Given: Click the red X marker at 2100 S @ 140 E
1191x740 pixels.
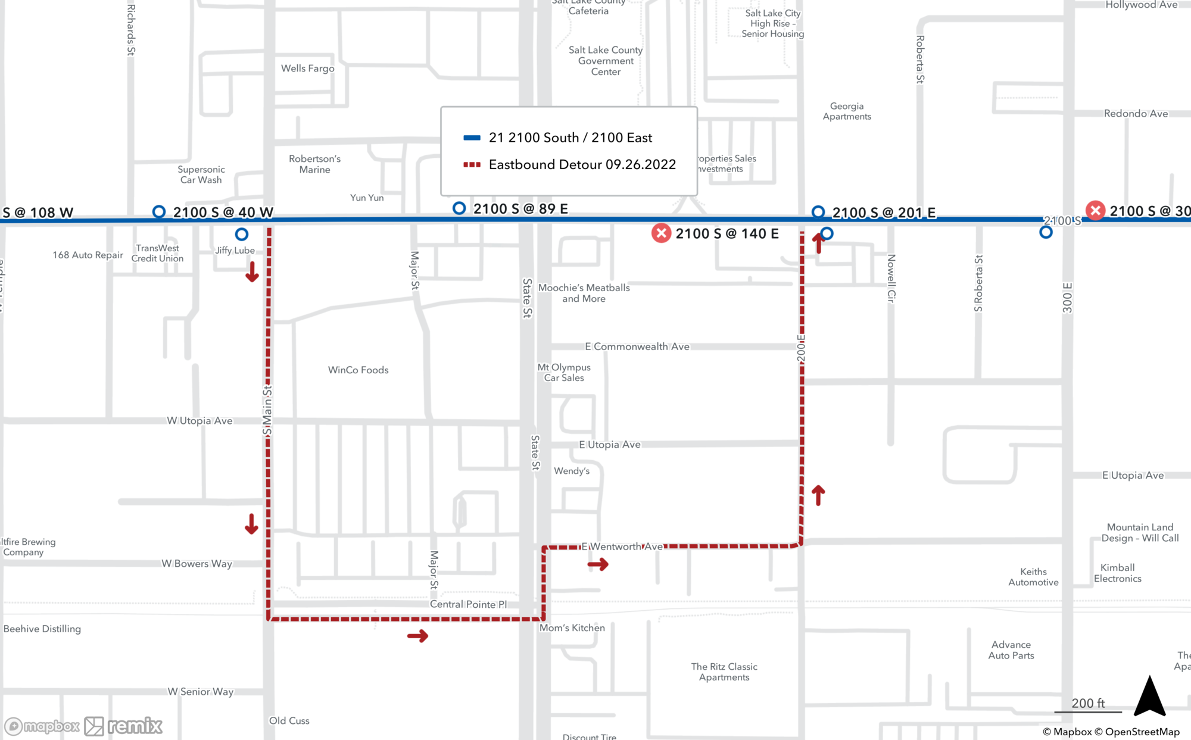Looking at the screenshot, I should click(661, 233).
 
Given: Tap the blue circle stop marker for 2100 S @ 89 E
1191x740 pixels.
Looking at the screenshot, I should click(459, 208).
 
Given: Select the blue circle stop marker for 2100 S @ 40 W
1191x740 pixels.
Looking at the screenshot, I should click(159, 212).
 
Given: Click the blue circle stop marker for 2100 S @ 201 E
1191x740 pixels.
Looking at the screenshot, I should click(818, 212).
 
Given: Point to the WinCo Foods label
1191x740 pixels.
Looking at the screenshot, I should click(358, 370).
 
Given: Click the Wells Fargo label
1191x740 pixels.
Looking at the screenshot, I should click(307, 68).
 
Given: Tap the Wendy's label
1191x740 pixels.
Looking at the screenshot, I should click(572, 471).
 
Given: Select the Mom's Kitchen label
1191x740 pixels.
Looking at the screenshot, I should click(572, 628).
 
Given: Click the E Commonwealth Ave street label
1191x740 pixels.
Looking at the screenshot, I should click(637, 346).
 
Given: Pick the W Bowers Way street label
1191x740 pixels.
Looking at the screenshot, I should click(197, 564).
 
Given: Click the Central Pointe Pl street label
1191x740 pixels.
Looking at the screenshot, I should click(468, 604).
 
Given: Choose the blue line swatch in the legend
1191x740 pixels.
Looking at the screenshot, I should click(472, 138).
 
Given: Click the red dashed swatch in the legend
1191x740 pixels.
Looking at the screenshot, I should click(472, 165).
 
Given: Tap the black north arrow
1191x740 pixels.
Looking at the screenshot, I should click(1149, 697).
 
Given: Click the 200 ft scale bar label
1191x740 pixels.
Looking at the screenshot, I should click(1088, 703).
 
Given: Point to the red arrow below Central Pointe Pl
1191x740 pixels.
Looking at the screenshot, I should click(417, 636).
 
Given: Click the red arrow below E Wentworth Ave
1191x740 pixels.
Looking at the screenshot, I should click(598, 564).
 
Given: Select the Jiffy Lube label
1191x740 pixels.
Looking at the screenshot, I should click(235, 251).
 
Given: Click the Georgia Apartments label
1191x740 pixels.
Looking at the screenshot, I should click(847, 111).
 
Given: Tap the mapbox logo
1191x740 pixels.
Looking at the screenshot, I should click(42, 726).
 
